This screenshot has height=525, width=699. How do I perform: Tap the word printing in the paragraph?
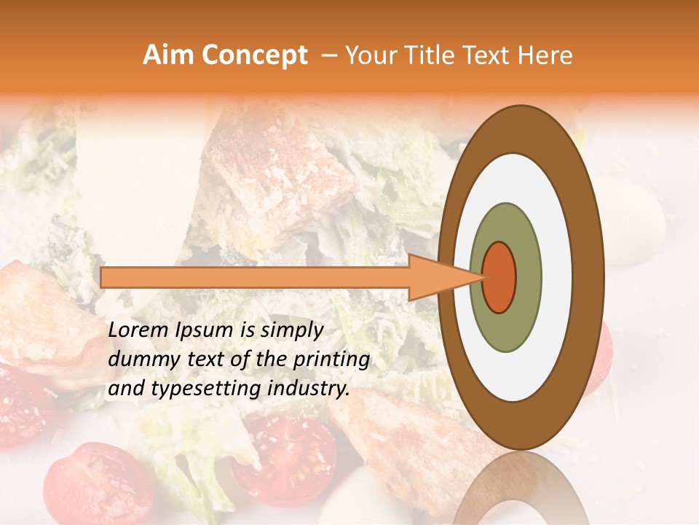331,360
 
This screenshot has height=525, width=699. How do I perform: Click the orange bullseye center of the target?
499,277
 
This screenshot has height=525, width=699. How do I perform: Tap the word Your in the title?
368,55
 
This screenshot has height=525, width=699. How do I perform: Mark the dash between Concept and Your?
328,55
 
